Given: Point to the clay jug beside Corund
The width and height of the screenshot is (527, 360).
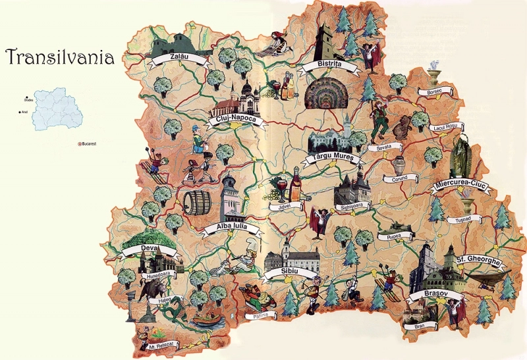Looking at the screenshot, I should click(x=399, y=163).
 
